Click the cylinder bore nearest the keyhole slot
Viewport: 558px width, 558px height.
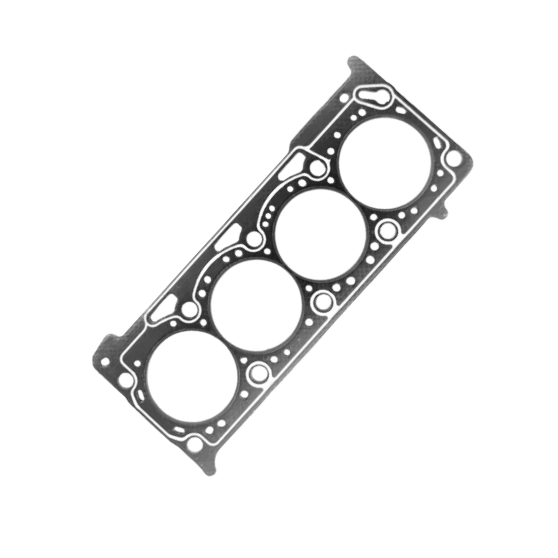385,163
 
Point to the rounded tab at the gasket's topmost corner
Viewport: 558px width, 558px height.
356,65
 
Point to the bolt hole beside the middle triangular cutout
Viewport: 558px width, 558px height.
254,239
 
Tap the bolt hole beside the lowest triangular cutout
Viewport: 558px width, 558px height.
190,309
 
